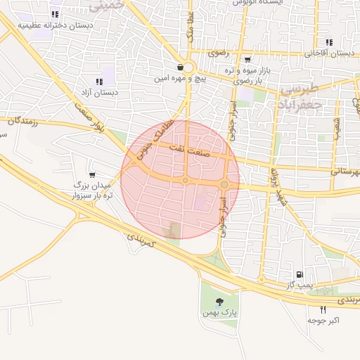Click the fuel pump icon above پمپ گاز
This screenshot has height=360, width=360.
300,274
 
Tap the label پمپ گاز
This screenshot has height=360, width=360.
300,285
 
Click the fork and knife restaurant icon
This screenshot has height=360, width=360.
323,309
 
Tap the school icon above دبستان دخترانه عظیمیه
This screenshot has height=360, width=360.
55,14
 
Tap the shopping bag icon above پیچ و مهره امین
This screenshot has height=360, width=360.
181,67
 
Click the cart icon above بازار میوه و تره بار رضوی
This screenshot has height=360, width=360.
247,60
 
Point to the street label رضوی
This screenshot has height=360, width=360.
215,53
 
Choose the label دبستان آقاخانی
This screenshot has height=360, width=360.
329,53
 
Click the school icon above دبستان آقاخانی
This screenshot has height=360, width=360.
329,42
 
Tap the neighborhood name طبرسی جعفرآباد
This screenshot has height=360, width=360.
300,97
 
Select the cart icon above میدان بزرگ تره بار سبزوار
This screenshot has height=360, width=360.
92,174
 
